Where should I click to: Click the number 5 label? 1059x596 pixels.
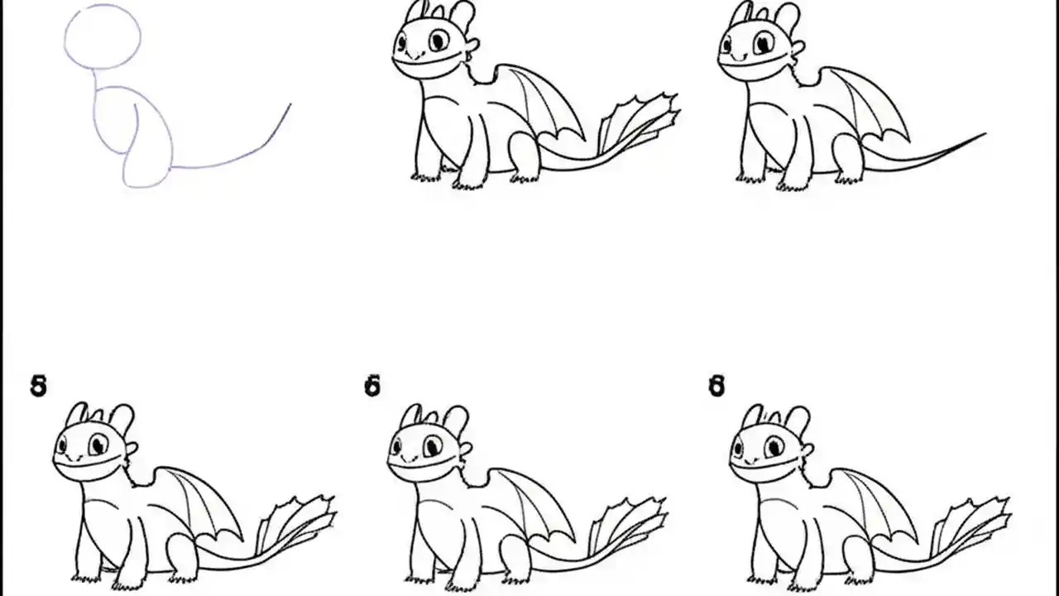coord(38,386)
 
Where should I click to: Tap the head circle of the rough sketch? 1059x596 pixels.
coord(103,36)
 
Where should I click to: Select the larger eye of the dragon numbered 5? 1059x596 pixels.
coord(98,445)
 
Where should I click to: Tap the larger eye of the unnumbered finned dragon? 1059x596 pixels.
coord(438,40)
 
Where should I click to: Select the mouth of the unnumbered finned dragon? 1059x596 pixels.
coord(425,61)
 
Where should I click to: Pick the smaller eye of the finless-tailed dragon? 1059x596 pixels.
coord(726,43)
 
